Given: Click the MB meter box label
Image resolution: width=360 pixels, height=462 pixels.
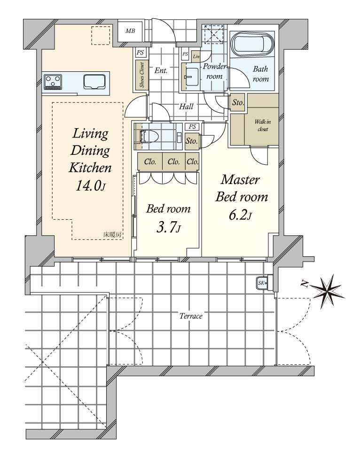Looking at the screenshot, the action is coord(130,31).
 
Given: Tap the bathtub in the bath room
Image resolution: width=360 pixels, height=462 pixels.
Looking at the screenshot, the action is coord(253,45).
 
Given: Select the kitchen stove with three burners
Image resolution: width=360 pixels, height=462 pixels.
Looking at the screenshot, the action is coord(53,82).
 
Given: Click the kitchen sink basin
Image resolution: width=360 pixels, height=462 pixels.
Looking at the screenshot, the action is coord(94,82).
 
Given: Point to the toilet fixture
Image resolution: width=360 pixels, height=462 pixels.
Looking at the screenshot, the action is coord(149,137).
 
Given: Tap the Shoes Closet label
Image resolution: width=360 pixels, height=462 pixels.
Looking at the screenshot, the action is coord(142,75).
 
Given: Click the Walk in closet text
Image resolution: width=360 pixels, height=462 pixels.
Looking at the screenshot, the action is coord(262,125).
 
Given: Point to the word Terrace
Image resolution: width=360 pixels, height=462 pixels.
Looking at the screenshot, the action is coord(191,316).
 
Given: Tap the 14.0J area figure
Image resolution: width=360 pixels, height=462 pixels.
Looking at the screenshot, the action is coord(91,185).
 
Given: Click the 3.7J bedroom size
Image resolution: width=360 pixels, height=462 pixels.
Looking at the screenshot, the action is coord(168,227).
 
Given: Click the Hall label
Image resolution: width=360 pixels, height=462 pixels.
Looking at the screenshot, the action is coord(186,106).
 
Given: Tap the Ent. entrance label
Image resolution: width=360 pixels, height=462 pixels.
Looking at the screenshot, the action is coord(161,70).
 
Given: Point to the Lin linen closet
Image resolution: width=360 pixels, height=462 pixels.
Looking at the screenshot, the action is coord(196,56).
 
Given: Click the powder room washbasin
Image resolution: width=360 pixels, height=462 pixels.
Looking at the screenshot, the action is coord(192,77).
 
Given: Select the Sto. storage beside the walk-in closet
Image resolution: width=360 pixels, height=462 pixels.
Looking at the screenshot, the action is coord(238,102).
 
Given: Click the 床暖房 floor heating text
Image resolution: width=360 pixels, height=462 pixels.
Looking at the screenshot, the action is coord(112,235).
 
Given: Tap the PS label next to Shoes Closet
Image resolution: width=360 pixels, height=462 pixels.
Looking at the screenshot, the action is coord(141,53).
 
